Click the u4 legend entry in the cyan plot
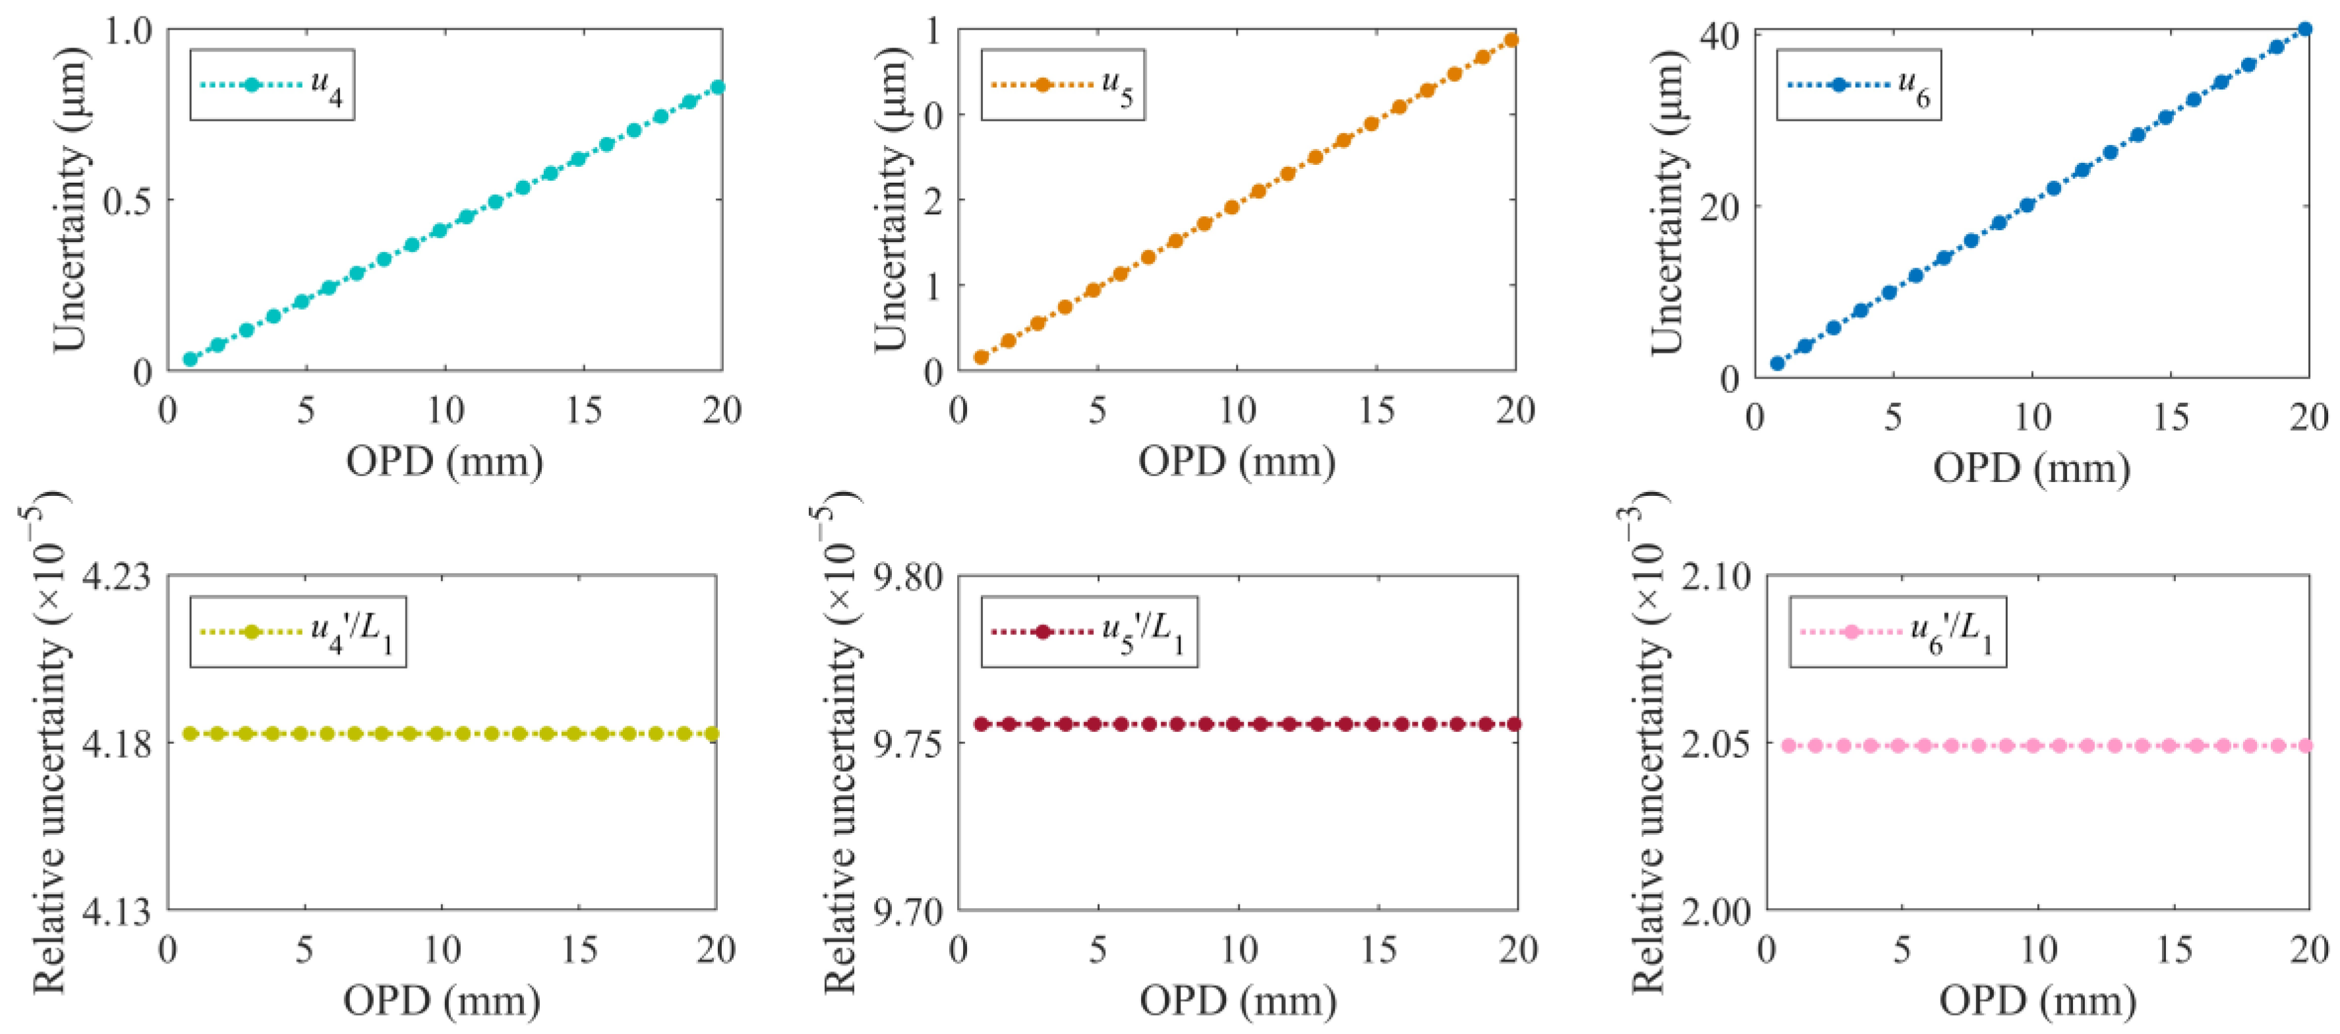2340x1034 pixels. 272,86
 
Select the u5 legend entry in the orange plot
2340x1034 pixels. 1063,86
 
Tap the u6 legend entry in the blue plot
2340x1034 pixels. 1859,86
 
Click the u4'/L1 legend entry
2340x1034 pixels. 297,632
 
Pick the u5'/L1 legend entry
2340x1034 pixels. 1088,632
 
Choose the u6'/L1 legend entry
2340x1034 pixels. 1896,632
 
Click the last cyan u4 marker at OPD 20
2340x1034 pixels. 717,87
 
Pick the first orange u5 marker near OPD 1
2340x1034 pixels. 981,357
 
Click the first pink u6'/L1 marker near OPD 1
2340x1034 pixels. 1788,745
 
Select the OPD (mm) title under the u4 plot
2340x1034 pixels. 444,462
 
